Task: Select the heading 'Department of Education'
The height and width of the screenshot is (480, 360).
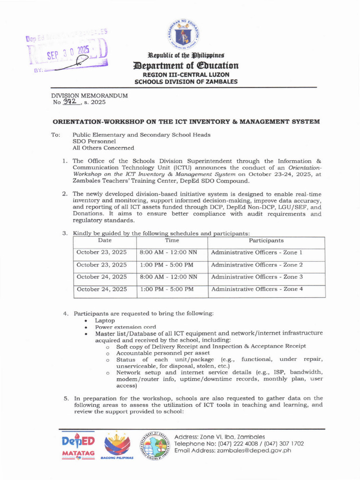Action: [x=186, y=66]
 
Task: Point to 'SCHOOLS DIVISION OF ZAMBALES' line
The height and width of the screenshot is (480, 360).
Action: [x=186, y=82]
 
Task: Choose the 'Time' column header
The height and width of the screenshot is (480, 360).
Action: [x=172, y=240]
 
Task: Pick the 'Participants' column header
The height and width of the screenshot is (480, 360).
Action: [x=266, y=240]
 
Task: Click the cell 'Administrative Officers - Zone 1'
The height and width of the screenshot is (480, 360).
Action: [x=257, y=252]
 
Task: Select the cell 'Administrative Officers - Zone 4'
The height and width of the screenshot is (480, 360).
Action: [x=257, y=289]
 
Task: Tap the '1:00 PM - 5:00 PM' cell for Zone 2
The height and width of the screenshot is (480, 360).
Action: [x=166, y=264]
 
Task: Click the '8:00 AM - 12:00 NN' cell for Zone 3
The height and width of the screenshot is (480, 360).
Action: [x=168, y=277]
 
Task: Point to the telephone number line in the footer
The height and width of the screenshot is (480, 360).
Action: [x=239, y=443]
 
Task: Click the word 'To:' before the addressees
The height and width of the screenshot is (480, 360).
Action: [x=55, y=135]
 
